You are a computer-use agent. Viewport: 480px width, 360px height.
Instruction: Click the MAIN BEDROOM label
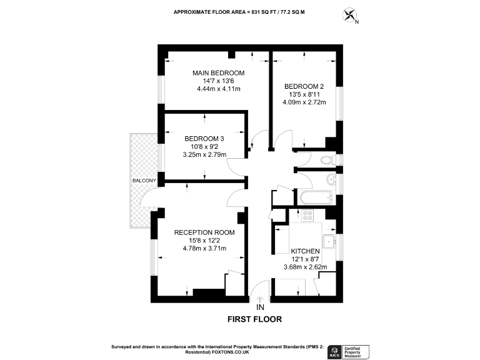click(x=218, y=73)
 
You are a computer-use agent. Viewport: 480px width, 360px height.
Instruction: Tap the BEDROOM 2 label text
click(x=304, y=86)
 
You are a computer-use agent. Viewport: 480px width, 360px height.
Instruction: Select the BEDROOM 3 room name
click(x=204, y=139)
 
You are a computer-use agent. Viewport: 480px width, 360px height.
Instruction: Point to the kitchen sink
click(x=328, y=241)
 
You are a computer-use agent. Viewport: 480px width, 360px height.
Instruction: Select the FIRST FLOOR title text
click(x=254, y=319)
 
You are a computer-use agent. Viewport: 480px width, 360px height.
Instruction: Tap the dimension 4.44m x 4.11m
click(x=218, y=89)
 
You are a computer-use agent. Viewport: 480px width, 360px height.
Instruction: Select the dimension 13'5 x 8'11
click(x=304, y=94)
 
